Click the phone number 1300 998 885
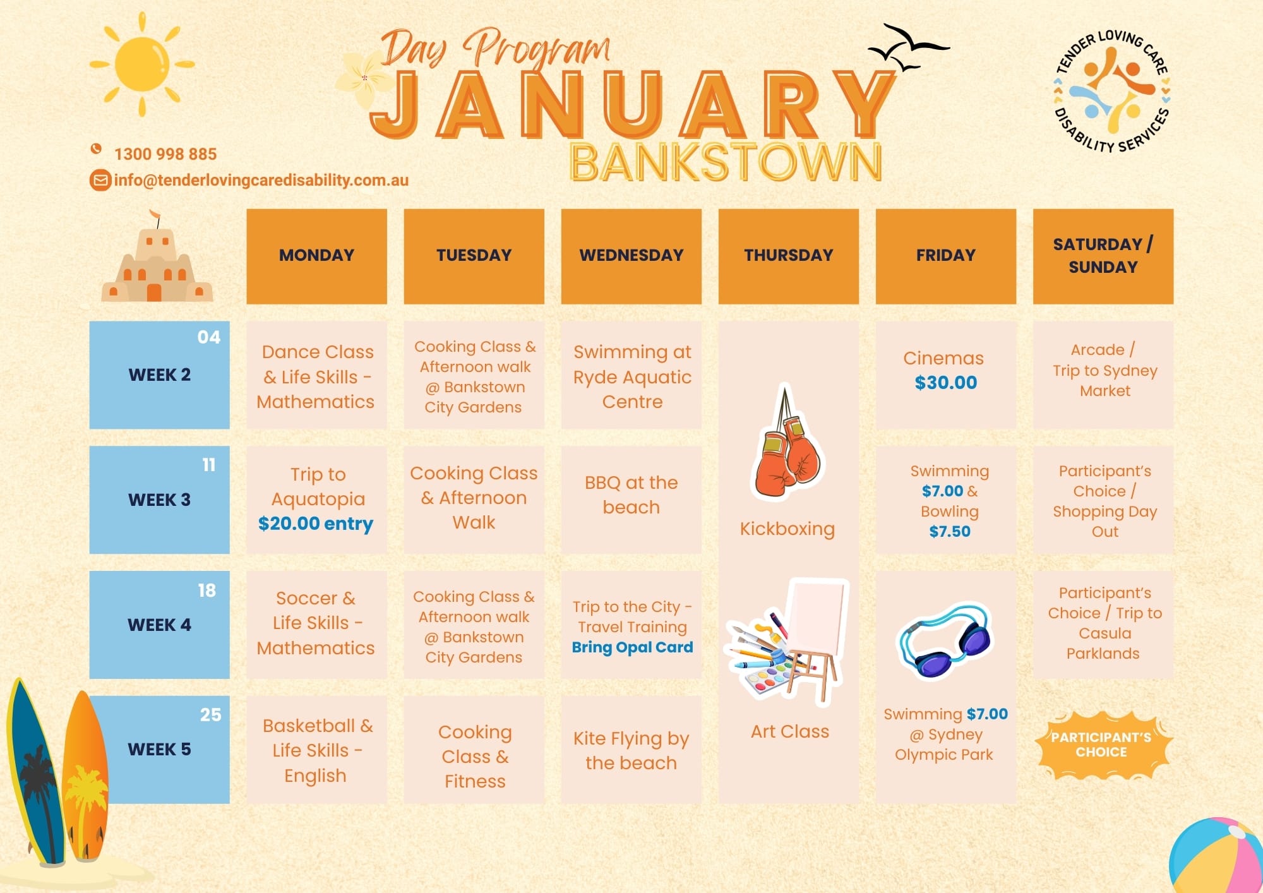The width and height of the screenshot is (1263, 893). point(165,153)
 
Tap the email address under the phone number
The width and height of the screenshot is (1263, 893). point(261,180)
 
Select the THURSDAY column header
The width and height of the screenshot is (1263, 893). point(789,256)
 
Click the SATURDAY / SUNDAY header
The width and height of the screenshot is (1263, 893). point(1103,256)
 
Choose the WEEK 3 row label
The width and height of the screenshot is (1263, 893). point(160,500)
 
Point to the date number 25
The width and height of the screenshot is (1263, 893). point(211,714)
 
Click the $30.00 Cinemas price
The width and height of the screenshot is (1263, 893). point(946,382)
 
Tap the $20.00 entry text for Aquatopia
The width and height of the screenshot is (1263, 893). point(316,524)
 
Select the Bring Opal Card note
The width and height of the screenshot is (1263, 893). point(632,647)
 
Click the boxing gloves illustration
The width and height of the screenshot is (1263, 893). point(786,442)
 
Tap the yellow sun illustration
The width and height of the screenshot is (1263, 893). point(142,64)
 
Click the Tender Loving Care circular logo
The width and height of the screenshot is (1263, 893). point(1111,91)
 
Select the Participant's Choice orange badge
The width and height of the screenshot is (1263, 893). point(1102,745)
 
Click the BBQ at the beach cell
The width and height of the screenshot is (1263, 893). point(631,500)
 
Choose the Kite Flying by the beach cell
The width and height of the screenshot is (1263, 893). point(631,750)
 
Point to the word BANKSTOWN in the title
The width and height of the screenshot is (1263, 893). point(726,162)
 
